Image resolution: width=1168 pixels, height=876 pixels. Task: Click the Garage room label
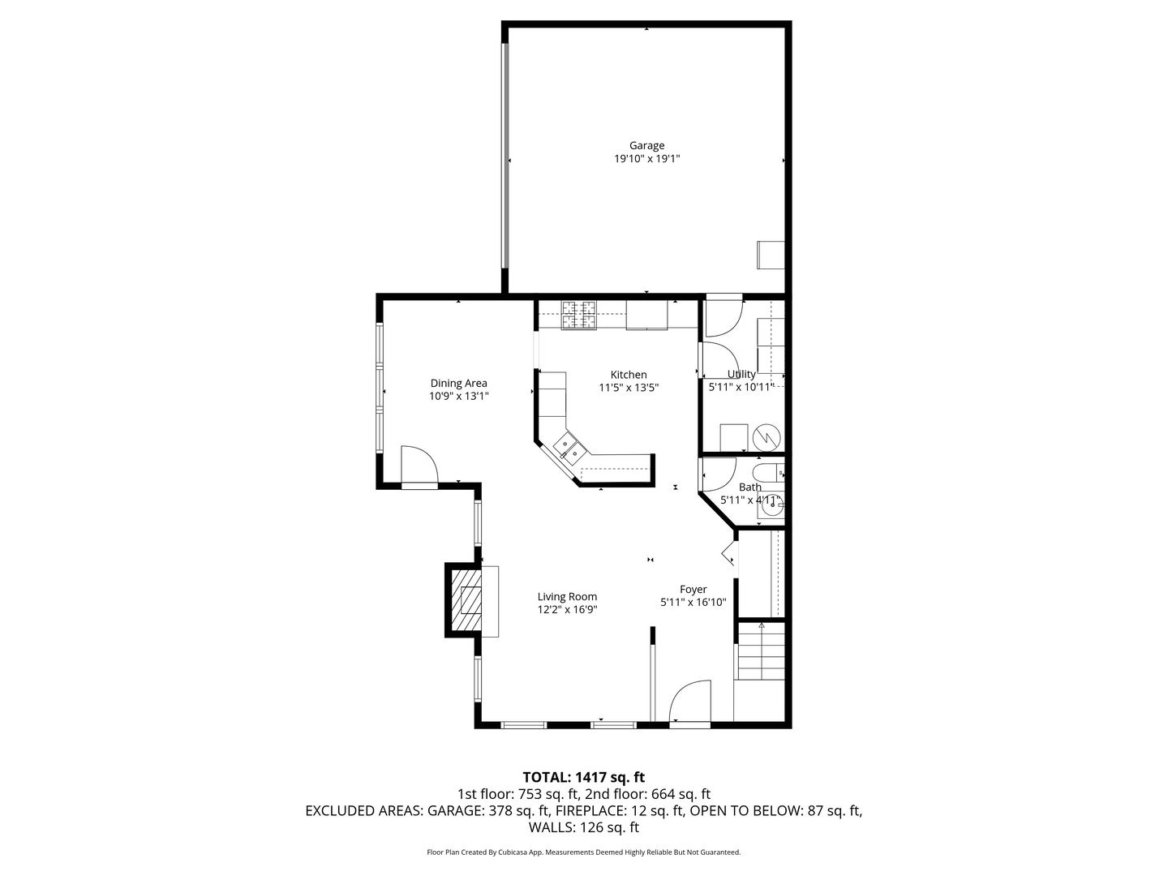(646, 146)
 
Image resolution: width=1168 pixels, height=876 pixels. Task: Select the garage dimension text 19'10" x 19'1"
(646, 160)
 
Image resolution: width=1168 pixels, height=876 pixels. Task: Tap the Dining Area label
(458, 383)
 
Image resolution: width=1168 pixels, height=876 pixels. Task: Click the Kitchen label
(629, 375)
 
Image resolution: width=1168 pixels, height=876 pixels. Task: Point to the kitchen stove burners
(579, 315)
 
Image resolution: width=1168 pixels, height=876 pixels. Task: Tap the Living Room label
(567, 596)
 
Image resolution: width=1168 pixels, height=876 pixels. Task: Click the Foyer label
(693, 590)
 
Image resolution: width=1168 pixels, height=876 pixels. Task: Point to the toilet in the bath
(767, 472)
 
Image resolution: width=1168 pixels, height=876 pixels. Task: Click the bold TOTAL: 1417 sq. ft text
(583, 777)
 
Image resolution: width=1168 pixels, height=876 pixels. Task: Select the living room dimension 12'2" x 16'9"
(567, 610)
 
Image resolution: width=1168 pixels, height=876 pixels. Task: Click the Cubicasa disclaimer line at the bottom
(583, 852)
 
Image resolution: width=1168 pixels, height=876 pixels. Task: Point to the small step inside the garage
(771, 255)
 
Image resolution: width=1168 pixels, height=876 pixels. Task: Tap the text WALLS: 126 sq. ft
(583, 827)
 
